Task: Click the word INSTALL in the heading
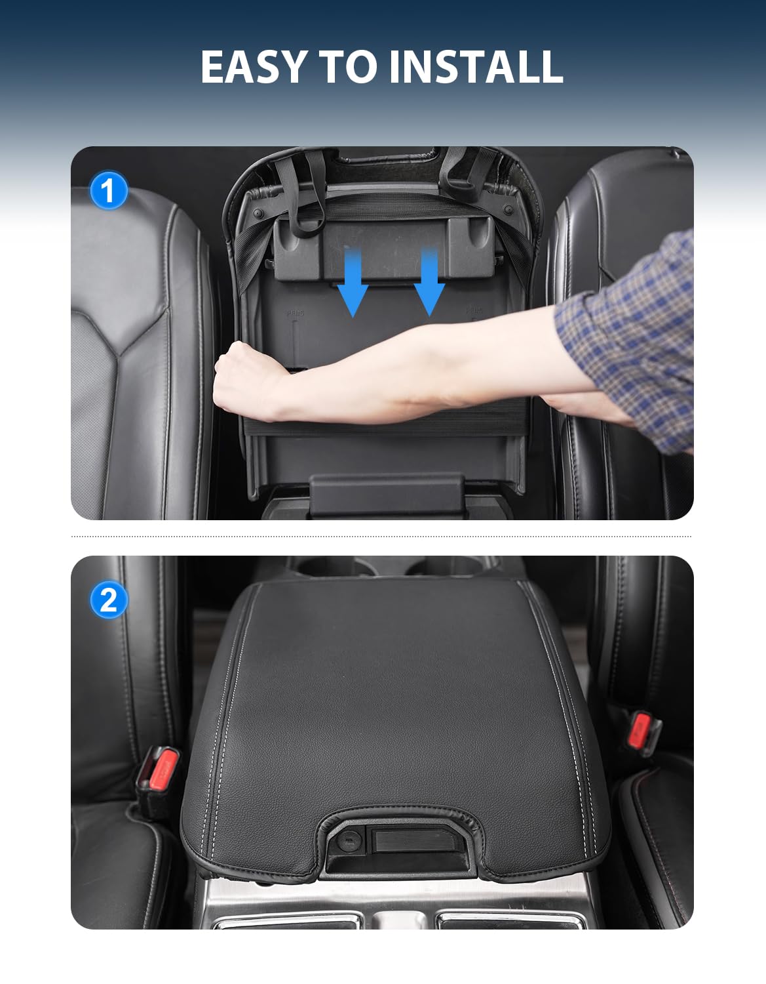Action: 476,66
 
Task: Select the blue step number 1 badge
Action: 109,190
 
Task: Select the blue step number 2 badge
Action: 109,600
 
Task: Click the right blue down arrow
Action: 429,281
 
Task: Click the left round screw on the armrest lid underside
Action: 259,213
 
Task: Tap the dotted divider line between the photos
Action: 381,537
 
